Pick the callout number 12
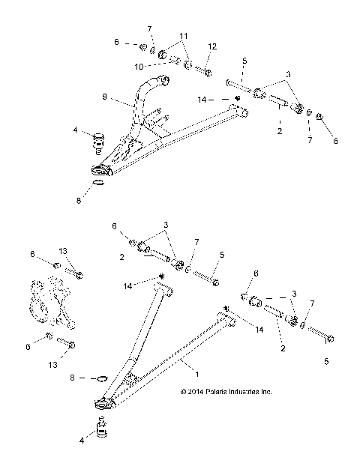click(212, 46)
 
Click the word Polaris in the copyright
click(220, 392)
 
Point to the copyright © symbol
click(184, 392)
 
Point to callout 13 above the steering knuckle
click(64, 251)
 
